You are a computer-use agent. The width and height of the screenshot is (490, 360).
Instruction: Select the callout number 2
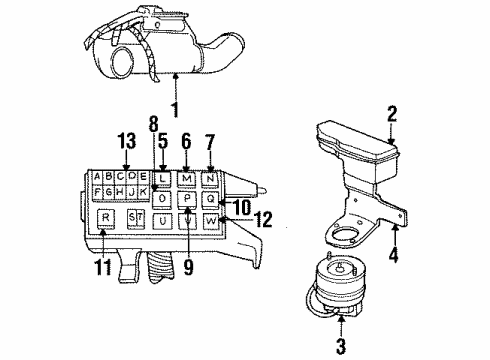pyautogui.click(x=393, y=115)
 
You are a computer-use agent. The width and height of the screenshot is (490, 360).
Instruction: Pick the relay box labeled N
pyautogui.click(x=210, y=179)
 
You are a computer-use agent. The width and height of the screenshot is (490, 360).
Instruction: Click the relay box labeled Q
pyautogui.click(x=210, y=198)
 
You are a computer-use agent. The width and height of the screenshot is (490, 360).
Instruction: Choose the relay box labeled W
pyautogui.click(x=210, y=218)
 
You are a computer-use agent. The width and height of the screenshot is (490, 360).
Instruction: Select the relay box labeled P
pyautogui.click(x=187, y=199)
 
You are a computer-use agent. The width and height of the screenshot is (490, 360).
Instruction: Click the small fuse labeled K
pyautogui.click(x=144, y=191)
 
